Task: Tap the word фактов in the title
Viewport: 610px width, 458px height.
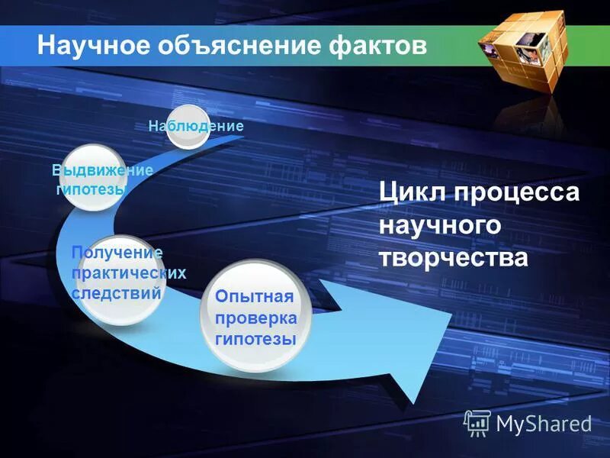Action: tap(374, 45)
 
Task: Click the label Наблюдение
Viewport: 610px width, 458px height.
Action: tap(196, 126)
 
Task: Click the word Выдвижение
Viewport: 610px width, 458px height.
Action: tap(102, 170)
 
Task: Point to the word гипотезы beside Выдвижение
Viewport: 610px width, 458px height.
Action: tap(91, 189)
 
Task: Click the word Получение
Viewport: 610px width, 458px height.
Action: tap(117, 253)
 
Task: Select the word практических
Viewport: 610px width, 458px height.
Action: tap(129, 273)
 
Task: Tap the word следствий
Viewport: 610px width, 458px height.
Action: tap(116, 292)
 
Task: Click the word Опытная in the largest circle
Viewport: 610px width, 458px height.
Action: tap(255, 296)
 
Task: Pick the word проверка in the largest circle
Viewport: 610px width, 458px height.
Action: tap(256, 318)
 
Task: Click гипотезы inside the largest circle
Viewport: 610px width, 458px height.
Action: tap(255, 338)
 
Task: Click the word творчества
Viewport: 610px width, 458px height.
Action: tap(453, 258)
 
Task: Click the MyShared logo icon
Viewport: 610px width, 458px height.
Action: tap(477, 421)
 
